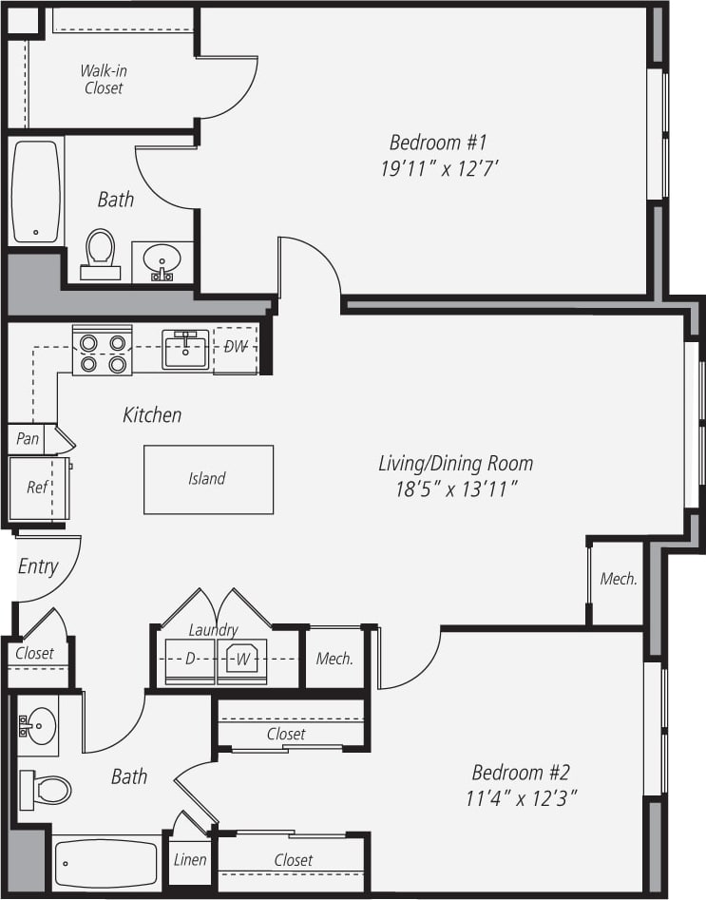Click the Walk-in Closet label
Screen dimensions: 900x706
[102, 79]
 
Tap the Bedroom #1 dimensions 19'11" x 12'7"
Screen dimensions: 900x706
[438, 170]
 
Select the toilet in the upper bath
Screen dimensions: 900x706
[100, 254]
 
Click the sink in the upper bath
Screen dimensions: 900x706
[162, 261]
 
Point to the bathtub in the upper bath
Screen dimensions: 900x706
[36, 192]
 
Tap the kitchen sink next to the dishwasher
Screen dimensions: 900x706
[185, 350]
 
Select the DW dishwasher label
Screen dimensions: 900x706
[235, 346]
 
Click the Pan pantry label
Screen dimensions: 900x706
[28, 439]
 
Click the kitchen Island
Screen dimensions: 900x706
[208, 479]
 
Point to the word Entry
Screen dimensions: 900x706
[38, 566]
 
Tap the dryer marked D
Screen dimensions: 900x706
[189, 659]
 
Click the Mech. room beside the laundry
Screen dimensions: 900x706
[334, 659]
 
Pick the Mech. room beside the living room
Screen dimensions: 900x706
[619, 579]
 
